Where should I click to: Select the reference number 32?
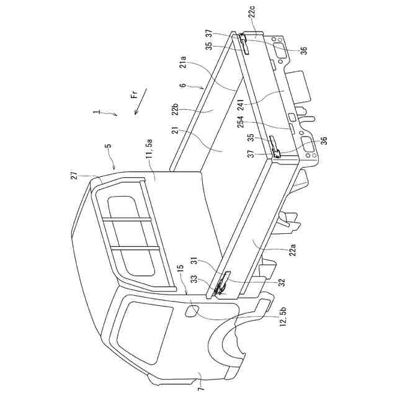point(280,282)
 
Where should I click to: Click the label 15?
point(179,270)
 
